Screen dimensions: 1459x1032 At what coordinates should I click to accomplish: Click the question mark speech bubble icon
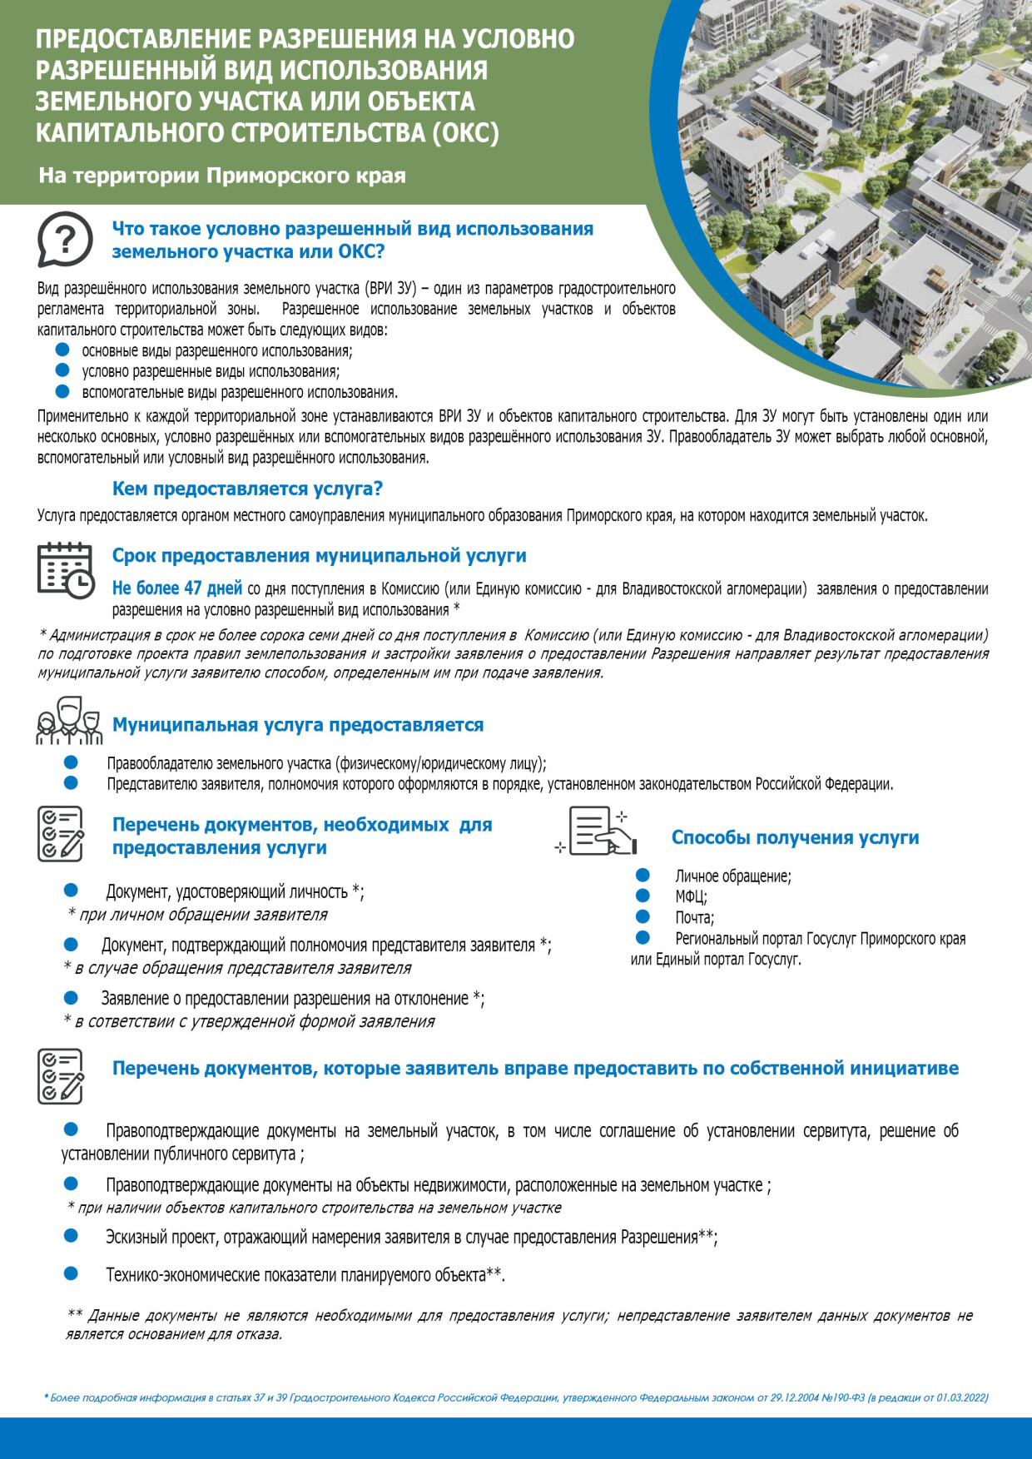(64, 239)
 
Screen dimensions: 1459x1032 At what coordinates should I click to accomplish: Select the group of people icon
(68, 722)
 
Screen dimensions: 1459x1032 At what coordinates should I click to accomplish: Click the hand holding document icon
(602, 831)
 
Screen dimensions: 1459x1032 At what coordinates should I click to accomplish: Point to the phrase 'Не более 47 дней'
(177, 588)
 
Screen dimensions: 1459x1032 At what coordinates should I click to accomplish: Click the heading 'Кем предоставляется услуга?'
(247, 489)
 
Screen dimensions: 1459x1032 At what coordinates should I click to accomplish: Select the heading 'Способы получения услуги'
(795, 837)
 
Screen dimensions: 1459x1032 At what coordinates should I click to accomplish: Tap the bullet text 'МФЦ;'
(691, 896)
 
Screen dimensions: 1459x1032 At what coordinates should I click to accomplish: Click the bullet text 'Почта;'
(694, 917)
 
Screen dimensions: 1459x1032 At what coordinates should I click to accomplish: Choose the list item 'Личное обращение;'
(732, 876)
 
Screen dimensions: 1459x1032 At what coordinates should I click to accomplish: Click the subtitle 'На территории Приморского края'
(222, 176)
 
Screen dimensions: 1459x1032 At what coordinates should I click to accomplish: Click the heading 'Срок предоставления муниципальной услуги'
(319, 555)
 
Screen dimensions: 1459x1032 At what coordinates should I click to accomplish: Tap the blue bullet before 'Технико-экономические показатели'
(71, 1273)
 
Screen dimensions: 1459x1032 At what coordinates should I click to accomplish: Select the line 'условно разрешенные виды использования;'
(211, 371)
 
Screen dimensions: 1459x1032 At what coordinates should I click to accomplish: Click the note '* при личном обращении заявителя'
(198, 915)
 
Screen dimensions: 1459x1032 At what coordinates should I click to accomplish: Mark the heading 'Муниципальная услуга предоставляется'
(298, 725)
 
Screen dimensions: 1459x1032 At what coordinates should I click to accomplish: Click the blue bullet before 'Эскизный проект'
(71, 1236)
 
